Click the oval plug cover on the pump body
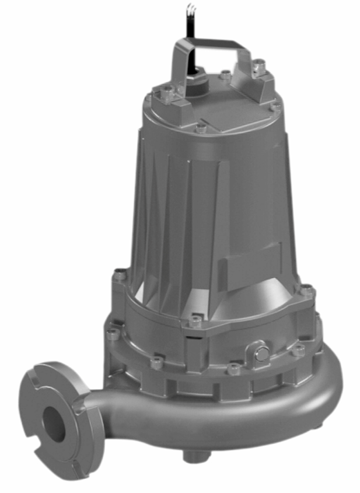260,353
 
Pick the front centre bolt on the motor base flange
196,319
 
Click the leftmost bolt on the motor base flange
120,275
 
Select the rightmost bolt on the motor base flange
306,289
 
